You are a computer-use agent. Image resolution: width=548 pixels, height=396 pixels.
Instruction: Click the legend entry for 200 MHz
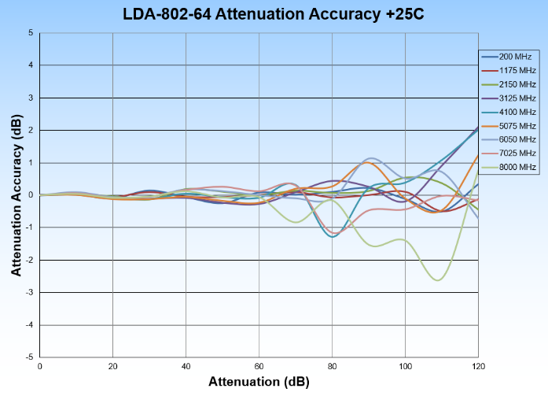(508, 57)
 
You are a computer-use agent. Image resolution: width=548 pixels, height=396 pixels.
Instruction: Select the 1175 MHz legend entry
(508, 71)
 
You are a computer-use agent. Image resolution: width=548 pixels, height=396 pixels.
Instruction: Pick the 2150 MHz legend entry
(508, 84)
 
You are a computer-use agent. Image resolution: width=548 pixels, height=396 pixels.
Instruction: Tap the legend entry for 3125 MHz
(508, 98)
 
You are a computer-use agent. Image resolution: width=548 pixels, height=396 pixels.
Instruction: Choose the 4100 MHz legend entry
(508, 112)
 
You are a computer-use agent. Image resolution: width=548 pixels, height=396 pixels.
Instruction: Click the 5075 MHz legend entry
(508, 125)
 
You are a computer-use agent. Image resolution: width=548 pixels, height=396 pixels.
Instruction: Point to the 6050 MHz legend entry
(508, 139)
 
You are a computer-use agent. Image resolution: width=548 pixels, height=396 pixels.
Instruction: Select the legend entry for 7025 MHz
(508, 153)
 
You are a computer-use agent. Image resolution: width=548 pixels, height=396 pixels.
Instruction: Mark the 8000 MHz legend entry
(508, 166)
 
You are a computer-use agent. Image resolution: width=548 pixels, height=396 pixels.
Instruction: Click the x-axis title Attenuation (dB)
(259, 382)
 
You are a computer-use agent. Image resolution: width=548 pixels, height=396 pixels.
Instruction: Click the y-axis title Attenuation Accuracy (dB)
(16, 194)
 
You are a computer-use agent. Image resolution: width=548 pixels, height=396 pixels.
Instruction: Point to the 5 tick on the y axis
(31, 33)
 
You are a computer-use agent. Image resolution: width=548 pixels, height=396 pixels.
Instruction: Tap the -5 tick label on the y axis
(28, 357)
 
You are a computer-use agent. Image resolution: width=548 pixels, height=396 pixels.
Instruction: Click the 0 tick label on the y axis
(31, 195)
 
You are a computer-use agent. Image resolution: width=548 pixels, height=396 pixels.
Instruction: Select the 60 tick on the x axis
(259, 367)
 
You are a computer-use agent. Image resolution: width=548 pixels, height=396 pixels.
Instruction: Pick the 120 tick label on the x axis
(477, 367)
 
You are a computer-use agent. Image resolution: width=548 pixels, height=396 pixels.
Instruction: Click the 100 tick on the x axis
(405, 367)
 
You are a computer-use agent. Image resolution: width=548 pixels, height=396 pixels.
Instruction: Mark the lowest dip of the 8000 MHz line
(438, 279)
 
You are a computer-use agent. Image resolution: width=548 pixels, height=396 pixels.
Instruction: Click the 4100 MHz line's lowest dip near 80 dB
(333, 236)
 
